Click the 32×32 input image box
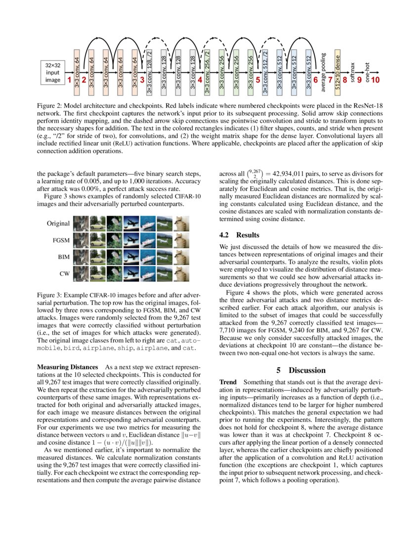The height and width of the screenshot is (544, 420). pyautogui.click(x=52, y=72)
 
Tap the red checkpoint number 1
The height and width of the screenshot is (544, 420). pyautogui.click(x=70, y=79)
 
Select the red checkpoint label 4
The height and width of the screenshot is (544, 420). pyautogui.click(x=200, y=79)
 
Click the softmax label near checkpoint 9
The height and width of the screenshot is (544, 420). pyautogui.click(x=352, y=72)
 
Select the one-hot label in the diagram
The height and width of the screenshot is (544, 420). pyautogui.click(x=367, y=73)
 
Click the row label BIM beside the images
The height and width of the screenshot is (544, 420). pyautogui.click(x=62, y=257)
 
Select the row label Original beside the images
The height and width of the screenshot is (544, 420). pyautogui.click(x=58, y=223)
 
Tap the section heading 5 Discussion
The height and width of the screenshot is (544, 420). pyautogui.click(x=300, y=370)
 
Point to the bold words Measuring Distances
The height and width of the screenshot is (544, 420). pyautogui.click(x=68, y=367)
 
